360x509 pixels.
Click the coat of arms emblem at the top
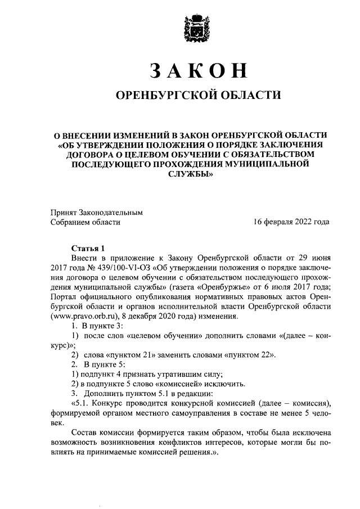pyautogui.click(x=197, y=28)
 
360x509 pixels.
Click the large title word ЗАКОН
pyautogui.click(x=197, y=70)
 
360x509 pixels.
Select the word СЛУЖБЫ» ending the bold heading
pyautogui.click(x=191, y=174)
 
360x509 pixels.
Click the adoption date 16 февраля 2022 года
pyautogui.click(x=291, y=222)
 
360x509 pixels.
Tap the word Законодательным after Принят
pyautogui.click(x=112, y=213)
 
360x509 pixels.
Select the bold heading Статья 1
pyautogui.click(x=88, y=248)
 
